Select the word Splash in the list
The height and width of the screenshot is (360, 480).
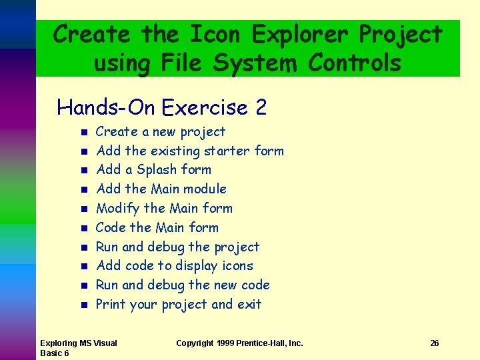coord(157,169)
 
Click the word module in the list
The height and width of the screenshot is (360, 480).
coord(205,189)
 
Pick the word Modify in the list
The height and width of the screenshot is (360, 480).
coord(117,208)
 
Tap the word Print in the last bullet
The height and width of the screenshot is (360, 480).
coord(111,304)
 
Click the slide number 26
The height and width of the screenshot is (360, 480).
coord(434,343)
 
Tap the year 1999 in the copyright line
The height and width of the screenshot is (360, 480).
coord(225,343)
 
